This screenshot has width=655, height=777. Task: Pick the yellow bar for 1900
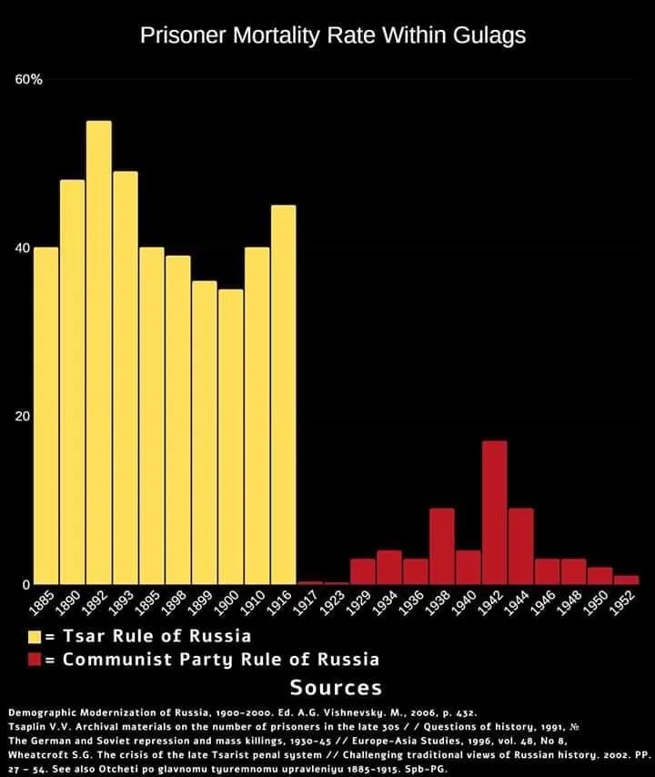click(x=231, y=437)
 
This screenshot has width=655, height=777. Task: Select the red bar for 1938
click(x=442, y=546)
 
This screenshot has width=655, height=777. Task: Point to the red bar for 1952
click(x=627, y=579)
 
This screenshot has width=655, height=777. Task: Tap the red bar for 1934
click(x=389, y=567)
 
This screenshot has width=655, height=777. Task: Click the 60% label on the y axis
click(x=29, y=80)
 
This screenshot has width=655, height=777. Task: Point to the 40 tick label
click(x=23, y=248)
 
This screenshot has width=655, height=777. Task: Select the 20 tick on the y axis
click(x=23, y=417)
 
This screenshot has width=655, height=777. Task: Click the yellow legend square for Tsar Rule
click(x=35, y=635)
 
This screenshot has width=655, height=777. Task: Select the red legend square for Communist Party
click(x=35, y=659)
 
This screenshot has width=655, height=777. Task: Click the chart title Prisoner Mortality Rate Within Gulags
click(x=332, y=35)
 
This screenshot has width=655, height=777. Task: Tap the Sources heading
click(x=336, y=687)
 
